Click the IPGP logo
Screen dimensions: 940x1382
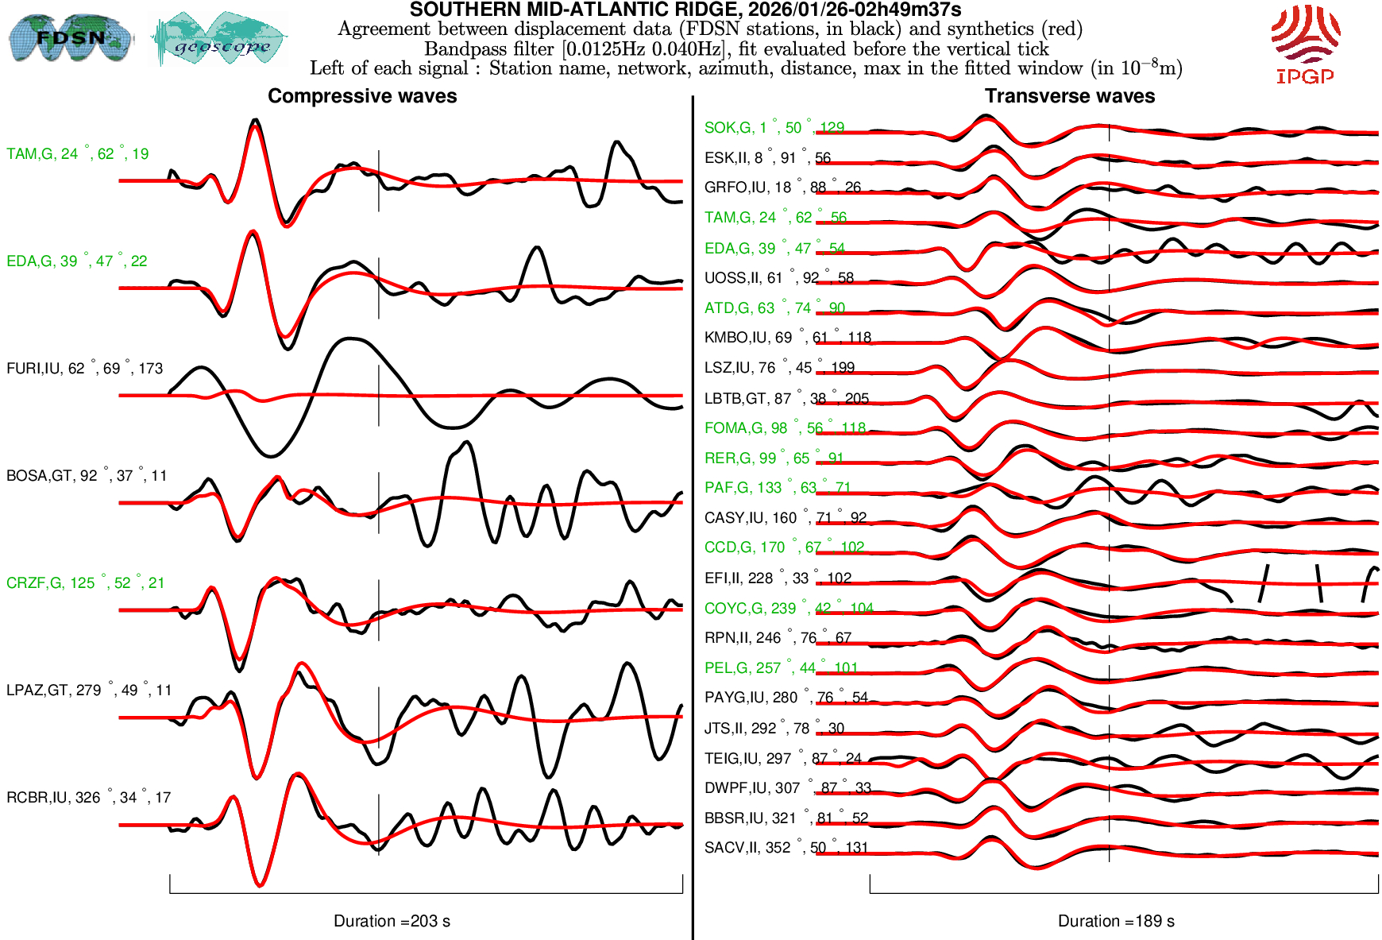[x=1305, y=43]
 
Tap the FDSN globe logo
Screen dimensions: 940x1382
[x=70, y=37]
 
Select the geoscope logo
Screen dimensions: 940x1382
[x=221, y=38]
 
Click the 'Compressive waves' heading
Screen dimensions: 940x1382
[x=362, y=96]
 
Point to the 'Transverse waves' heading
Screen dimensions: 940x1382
[x=1070, y=96]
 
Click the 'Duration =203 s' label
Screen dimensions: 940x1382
[x=392, y=921]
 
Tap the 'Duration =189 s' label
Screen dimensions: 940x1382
[x=1116, y=921]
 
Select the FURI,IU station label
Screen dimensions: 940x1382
[x=84, y=368]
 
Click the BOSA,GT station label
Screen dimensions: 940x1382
[x=87, y=475]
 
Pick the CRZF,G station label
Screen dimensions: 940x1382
[x=85, y=582]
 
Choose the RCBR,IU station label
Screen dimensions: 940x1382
[x=88, y=797]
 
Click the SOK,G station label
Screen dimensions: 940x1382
[x=774, y=127]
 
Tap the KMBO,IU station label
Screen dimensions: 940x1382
[x=787, y=337]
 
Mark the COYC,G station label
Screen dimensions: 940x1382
[x=788, y=608]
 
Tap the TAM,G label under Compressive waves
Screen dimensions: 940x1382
[x=77, y=153]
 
